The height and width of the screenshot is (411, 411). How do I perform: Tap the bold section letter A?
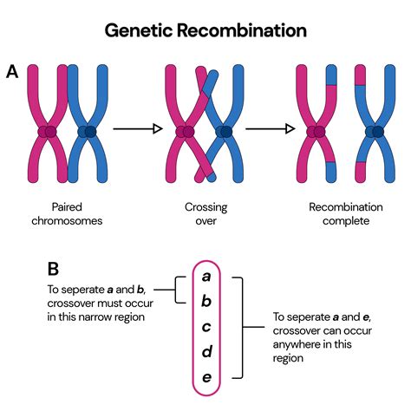pyautogui.click(x=12, y=73)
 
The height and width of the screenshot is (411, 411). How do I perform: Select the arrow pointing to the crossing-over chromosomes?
pyautogui.click(x=139, y=130)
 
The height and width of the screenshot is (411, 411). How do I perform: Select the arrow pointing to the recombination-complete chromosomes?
pyautogui.click(x=269, y=130)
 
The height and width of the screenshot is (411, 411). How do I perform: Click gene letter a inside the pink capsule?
pyautogui.click(x=205, y=277)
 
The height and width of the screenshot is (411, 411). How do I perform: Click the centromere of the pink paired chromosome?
pyautogui.click(x=47, y=132)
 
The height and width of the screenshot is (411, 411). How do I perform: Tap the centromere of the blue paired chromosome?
pyautogui.click(x=88, y=132)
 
